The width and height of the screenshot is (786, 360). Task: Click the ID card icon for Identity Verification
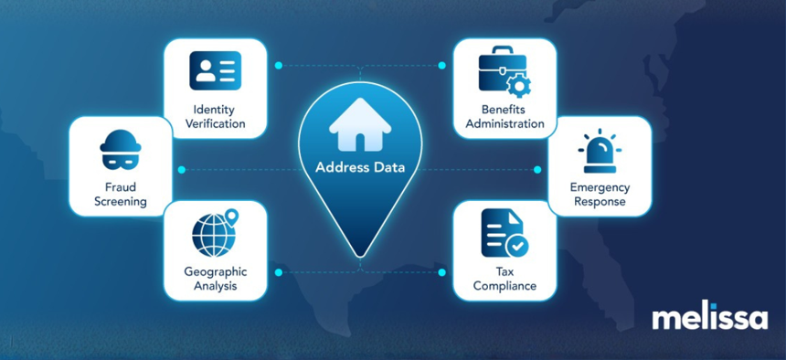coord(215,70)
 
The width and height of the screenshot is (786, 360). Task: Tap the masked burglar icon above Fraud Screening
coord(121,150)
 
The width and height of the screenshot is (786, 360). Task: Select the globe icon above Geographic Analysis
coord(215,233)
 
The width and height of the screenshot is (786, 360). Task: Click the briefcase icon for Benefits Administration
coord(505,71)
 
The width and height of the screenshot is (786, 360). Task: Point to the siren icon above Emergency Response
coord(600,154)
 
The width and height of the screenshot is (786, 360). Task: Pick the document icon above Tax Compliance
coord(505,233)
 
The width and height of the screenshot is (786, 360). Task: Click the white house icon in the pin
coord(360,124)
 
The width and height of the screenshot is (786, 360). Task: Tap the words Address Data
coord(360,167)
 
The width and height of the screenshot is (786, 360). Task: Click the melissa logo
coord(709,317)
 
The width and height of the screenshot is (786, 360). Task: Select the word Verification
coord(216,123)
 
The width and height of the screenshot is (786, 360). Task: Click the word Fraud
coord(121,187)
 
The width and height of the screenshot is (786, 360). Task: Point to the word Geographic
coord(215,272)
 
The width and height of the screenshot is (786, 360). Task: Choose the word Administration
coord(505,123)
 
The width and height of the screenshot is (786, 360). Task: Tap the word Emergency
coord(600,187)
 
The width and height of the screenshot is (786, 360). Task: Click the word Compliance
coord(505,286)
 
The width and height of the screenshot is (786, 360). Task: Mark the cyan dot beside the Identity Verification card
coord(279,65)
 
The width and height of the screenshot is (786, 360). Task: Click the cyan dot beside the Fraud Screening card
coord(182,170)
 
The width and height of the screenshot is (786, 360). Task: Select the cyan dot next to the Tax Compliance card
coord(441,272)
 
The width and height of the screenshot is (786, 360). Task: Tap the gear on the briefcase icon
coord(519,86)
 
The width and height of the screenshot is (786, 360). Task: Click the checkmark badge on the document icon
coord(516,246)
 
